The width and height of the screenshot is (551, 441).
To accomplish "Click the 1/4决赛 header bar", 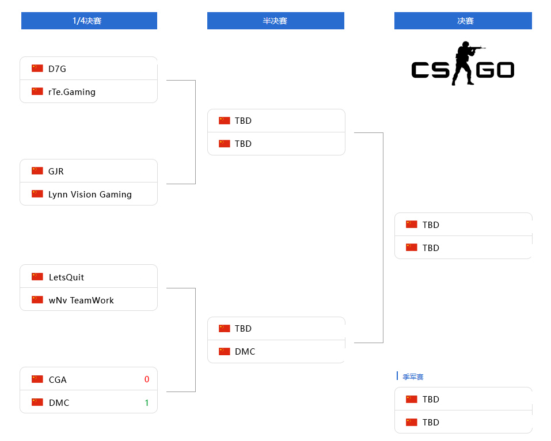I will pyautogui.click(x=89, y=21).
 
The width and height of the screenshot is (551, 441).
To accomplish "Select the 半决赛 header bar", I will pyautogui.click(x=275, y=21).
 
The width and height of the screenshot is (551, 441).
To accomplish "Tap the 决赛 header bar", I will pyautogui.click(x=463, y=21).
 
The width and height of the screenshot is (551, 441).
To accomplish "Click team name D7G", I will pyautogui.click(x=57, y=69).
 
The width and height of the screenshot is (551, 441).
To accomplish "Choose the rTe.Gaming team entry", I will pyautogui.click(x=72, y=92).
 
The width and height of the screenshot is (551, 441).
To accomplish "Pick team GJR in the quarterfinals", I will pyautogui.click(x=56, y=171).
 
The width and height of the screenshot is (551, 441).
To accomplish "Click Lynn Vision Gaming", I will pyautogui.click(x=90, y=194).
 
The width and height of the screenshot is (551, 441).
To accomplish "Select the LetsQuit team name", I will pyautogui.click(x=66, y=277).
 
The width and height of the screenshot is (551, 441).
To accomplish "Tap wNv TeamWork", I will pyautogui.click(x=81, y=300).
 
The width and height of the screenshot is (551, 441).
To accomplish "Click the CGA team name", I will pyautogui.click(x=58, y=379).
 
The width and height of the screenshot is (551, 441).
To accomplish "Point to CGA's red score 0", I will pyautogui.click(x=147, y=379).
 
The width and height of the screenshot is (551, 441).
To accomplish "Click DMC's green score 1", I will pyautogui.click(x=147, y=402).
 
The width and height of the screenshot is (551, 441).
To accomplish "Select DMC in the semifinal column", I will pyautogui.click(x=245, y=351).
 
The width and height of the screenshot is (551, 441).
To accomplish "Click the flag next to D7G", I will pyautogui.click(x=37, y=68).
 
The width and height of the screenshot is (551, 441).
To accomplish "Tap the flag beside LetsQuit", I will pyautogui.click(x=37, y=276).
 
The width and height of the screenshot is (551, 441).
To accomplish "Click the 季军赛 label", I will pyautogui.click(x=413, y=377).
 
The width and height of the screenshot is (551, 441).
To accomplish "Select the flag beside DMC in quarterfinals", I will pyautogui.click(x=37, y=402).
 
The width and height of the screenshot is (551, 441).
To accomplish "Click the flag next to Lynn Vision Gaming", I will pyautogui.click(x=37, y=193).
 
